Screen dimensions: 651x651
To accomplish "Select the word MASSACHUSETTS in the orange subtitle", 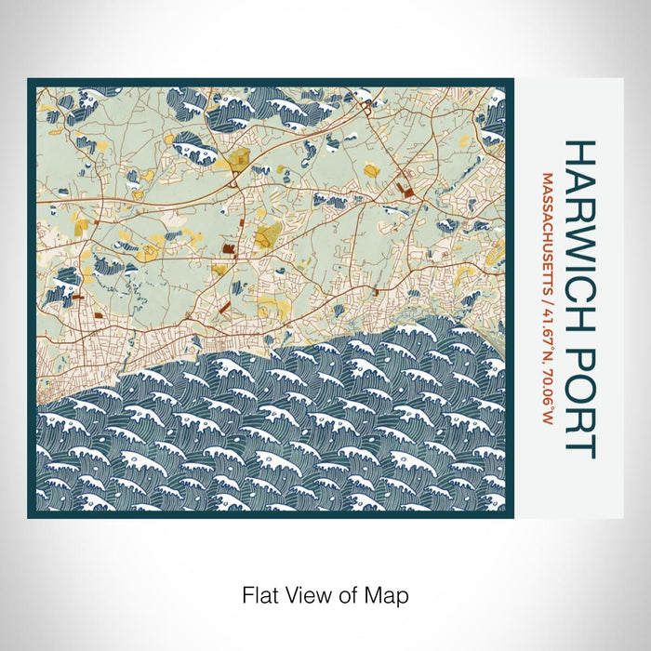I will [549, 226].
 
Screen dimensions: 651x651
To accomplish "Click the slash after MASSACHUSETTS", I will [549, 291].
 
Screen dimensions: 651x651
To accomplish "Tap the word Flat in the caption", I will [261, 593].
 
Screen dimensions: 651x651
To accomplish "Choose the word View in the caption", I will [302, 593].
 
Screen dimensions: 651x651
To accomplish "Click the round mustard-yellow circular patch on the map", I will [371, 169].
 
